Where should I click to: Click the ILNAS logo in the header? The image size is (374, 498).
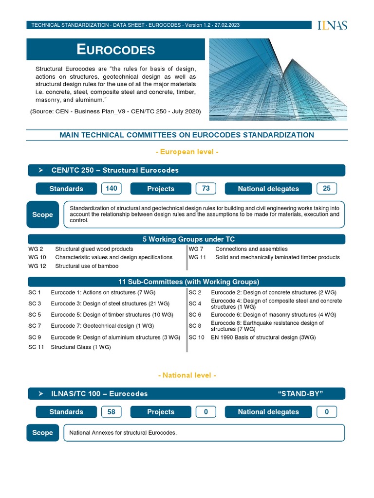point(332,25)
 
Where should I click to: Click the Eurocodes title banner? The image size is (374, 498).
point(116,49)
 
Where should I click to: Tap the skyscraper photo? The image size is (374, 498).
point(278,79)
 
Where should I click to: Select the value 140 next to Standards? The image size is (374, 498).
point(112,189)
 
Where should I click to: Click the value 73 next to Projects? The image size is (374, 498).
point(206,189)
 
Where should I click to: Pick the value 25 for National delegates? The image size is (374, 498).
point(326,189)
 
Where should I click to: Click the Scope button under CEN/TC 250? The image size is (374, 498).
point(42,214)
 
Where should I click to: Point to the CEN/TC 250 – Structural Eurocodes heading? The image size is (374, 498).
point(115,170)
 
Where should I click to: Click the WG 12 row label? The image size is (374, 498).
point(37,266)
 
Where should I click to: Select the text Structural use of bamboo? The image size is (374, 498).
point(87,266)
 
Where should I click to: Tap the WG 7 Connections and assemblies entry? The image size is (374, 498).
point(251,249)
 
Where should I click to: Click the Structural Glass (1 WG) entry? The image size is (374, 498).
point(81,347)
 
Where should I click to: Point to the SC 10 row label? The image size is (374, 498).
point(197,337)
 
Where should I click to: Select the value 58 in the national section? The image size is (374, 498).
point(112,412)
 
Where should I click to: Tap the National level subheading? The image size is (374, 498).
point(187,375)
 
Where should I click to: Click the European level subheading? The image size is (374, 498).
point(187,152)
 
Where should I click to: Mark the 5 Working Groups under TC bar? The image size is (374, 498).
point(187,239)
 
